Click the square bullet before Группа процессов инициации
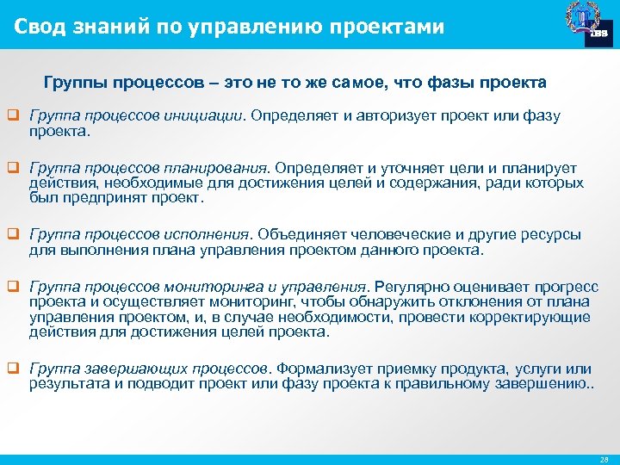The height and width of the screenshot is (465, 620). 14,115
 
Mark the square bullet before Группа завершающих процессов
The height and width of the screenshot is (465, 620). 14,368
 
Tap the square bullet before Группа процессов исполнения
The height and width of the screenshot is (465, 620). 14,233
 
